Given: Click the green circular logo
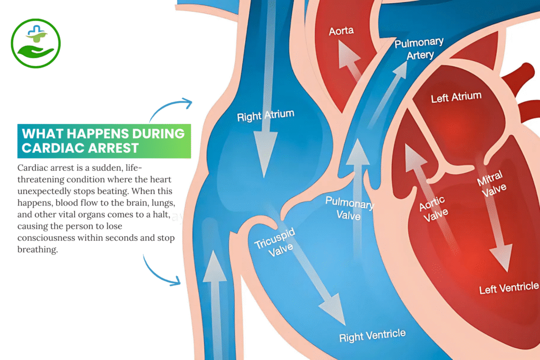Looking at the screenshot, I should [x=36, y=43].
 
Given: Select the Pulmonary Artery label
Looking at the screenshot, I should [x=419, y=48].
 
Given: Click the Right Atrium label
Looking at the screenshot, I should [x=265, y=115].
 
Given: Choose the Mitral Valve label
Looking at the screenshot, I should [x=492, y=183].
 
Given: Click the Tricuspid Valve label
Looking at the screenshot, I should [x=274, y=242].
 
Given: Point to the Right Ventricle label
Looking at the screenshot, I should [x=372, y=335].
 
